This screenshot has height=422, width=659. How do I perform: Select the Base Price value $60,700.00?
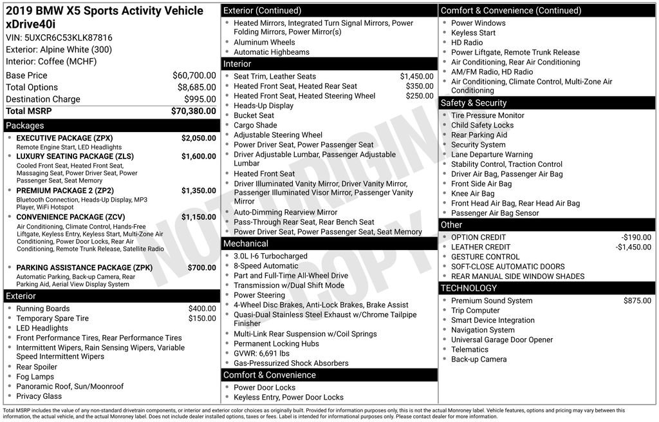click(x=194, y=75)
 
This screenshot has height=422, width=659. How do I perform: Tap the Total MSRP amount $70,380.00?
click(x=193, y=111)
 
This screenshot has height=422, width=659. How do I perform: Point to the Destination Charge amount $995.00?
click(x=200, y=99)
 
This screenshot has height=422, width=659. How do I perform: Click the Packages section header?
click(x=25, y=126)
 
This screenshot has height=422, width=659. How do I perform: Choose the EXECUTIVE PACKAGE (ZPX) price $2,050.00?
click(x=198, y=139)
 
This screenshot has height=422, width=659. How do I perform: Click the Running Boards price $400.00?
click(x=202, y=309)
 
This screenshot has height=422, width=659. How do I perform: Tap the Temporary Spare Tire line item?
click(x=53, y=318)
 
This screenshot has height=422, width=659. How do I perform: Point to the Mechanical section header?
click(x=246, y=244)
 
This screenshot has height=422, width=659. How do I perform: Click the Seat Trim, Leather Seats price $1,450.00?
click(x=416, y=76)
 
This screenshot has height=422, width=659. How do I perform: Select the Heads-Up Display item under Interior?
click(x=263, y=106)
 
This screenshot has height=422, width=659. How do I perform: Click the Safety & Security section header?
click(x=474, y=103)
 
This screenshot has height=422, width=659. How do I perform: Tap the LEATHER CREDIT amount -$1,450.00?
click(x=633, y=247)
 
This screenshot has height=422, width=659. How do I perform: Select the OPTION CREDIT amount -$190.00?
click(x=636, y=237)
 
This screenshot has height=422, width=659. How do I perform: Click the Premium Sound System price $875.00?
click(x=637, y=301)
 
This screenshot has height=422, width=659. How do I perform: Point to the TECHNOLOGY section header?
click(x=469, y=288)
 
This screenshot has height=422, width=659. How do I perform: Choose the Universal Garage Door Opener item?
click(x=502, y=340)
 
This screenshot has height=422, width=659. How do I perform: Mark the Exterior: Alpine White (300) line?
click(x=59, y=50)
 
